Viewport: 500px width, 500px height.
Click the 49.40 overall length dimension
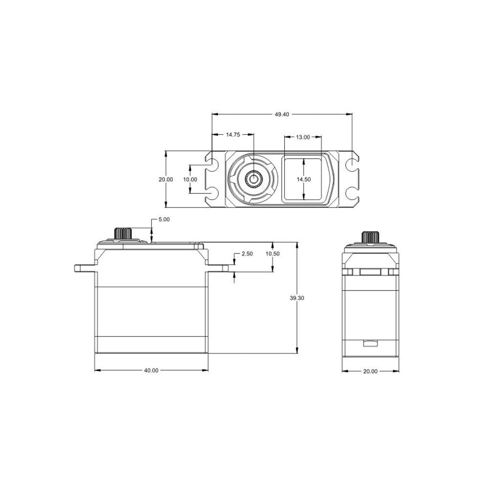pos(282,114)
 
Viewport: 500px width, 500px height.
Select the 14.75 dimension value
pos(232,135)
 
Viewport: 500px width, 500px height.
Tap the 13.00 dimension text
pos(303,137)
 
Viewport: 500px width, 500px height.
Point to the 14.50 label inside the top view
pos(303,179)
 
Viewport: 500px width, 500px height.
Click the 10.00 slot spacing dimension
pos(190,179)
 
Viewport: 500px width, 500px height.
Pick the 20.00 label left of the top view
pos(166,179)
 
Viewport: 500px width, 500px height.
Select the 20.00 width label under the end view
pos(370,371)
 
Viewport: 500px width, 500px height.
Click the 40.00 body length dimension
pos(151,370)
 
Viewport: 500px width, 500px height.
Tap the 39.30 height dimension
pos(297,298)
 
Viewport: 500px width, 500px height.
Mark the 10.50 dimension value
pos(272,254)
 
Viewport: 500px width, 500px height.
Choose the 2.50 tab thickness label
pos(247,254)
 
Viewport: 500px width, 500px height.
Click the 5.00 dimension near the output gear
pos(164,220)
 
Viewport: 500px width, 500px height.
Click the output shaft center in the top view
pos(253,179)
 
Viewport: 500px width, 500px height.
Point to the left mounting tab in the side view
pos(84,268)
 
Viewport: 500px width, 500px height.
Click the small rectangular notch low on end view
pos(370,343)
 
